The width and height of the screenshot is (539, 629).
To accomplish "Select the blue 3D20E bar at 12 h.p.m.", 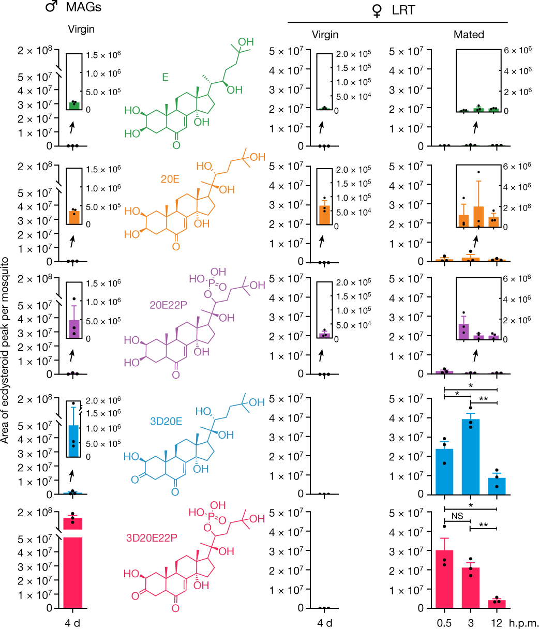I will [497, 486].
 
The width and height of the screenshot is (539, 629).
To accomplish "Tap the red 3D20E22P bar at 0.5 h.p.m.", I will [444, 579].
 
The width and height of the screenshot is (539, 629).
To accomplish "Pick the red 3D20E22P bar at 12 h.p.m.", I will [497, 604].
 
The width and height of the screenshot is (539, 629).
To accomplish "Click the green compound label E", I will [166, 78].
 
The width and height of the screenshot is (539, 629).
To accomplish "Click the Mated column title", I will [469, 35].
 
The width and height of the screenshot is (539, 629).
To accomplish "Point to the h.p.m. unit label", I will [525, 623].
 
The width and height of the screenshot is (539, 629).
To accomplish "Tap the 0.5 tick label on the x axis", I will [444, 623].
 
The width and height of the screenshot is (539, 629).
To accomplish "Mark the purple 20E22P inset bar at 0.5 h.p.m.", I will [463, 332].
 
